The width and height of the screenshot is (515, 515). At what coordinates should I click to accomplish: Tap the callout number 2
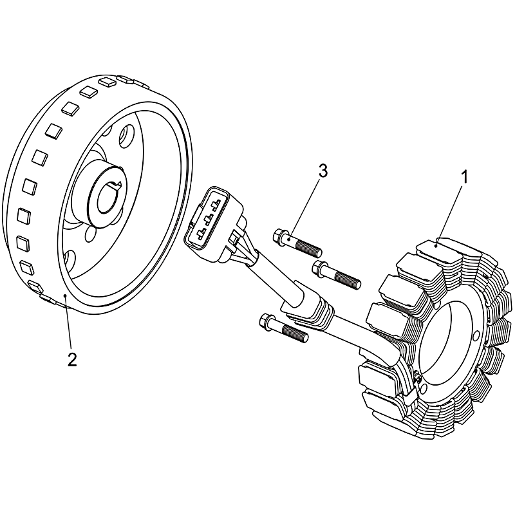coord(72,359)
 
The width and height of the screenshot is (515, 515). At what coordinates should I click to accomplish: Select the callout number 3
coord(323,171)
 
